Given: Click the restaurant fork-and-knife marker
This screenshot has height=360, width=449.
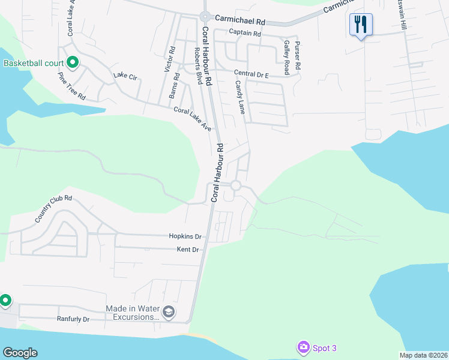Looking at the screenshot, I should click(x=361, y=25).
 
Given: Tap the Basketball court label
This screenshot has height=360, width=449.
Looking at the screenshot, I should click(x=33, y=63).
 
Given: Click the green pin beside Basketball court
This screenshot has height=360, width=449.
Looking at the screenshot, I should click(x=73, y=62).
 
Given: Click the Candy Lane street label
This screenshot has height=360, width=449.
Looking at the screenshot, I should click(x=240, y=97).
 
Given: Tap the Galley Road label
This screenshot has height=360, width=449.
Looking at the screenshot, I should click(x=287, y=58).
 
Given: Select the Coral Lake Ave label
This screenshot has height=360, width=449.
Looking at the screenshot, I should click(x=192, y=119).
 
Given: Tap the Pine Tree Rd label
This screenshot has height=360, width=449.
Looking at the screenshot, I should click(x=71, y=86).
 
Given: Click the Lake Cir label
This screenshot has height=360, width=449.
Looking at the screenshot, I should click(x=125, y=77).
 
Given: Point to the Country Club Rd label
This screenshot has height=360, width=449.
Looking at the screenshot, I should click(x=53, y=209).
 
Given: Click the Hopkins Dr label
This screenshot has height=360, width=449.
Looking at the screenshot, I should click(x=185, y=237).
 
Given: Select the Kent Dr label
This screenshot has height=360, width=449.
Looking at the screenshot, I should click(x=187, y=249).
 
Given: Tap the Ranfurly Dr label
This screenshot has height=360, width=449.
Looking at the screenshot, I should click(x=73, y=319).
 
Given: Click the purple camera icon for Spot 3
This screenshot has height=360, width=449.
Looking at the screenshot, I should click(x=303, y=347).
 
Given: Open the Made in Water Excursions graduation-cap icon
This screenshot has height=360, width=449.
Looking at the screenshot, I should click(x=169, y=311).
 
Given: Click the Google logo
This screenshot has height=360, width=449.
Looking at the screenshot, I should click(x=20, y=353).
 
